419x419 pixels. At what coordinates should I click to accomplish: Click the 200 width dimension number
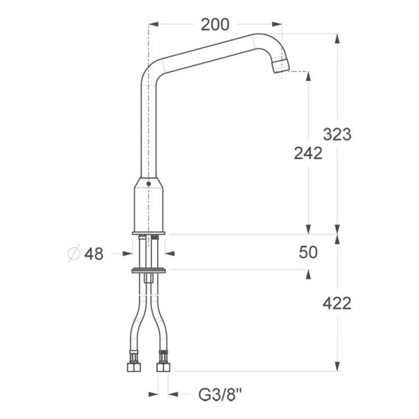point(215,25)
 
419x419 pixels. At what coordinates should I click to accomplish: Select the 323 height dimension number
point(337,134)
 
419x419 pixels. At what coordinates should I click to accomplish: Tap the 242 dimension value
point(308,153)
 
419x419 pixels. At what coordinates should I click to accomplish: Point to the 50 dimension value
point(308,252)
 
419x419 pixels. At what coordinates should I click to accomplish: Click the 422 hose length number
point(337,303)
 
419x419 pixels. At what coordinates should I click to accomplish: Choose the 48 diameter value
point(94,254)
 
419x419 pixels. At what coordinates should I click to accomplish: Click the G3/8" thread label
point(220,394)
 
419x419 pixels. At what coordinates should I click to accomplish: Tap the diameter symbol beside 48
point(74,253)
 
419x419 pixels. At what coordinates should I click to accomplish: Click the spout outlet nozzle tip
point(281,65)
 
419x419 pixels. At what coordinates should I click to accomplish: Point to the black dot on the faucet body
point(148,184)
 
